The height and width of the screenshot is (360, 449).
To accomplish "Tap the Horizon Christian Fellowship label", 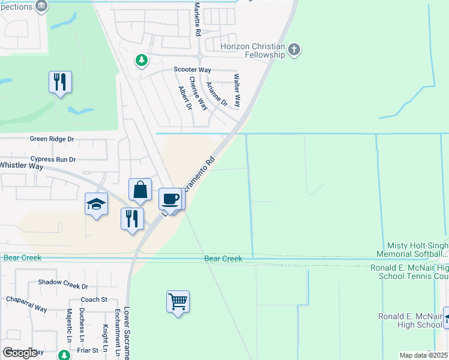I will click(252, 50).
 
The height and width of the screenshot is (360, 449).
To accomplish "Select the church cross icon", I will click(294, 50).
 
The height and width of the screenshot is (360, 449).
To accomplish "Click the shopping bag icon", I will click(140, 190).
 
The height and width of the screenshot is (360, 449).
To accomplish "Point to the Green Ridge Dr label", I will click(52, 139).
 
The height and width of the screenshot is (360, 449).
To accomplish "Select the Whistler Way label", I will click(22, 165).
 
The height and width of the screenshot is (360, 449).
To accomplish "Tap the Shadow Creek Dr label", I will click(63, 287).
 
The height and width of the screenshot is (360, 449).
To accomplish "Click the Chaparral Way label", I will click(26, 304).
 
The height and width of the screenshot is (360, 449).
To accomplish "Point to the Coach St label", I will click(94, 299).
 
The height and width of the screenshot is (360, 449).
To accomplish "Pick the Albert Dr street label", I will click(184, 98).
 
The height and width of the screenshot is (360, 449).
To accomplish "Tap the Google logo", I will click(20, 353).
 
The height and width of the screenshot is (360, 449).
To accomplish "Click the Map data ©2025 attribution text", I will click(423, 355).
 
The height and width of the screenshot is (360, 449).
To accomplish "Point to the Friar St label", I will click(87, 350).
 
